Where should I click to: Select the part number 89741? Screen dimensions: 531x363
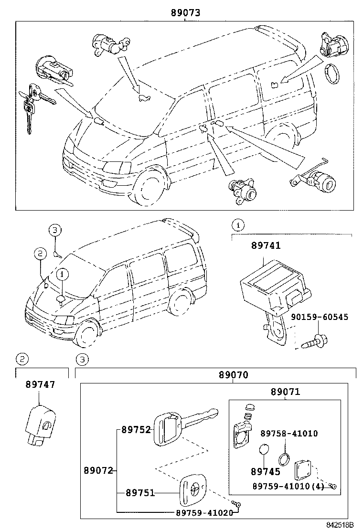pyautogui.click(x=266, y=245)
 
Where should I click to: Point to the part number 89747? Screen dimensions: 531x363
pyautogui.click(x=40, y=384)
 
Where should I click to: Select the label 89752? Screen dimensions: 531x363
pyautogui.click(x=136, y=429)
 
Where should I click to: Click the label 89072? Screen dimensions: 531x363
pyautogui.click(x=99, y=470)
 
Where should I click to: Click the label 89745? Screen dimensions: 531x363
pyautogui.click(x=265, y=471)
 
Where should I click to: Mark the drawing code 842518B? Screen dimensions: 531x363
pyautogui.click(x=340, y=525)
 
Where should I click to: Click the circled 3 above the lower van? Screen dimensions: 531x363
pyautogui.click(x=55, y=230)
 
